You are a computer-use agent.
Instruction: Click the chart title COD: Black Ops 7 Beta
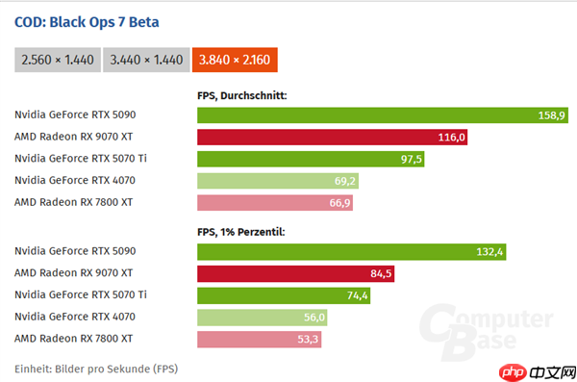[87, 21]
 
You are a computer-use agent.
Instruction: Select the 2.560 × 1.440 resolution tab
[55, 60]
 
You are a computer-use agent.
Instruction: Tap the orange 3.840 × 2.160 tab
[235, 60]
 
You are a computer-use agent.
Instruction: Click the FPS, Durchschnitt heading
[242, 95]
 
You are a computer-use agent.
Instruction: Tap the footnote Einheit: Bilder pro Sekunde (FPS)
[96, 369]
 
